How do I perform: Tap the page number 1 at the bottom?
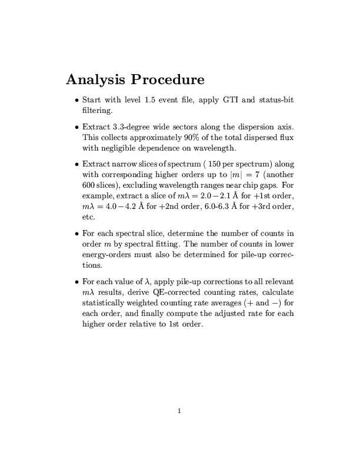point(180,411)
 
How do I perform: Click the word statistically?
point(103,302)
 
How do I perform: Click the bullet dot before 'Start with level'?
point(77,100)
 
